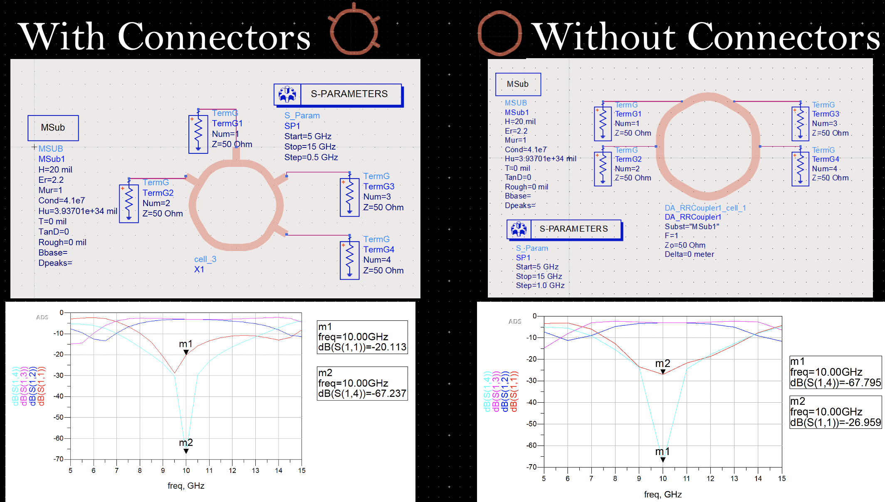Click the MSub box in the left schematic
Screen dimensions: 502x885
53,128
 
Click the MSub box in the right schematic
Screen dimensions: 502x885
518,84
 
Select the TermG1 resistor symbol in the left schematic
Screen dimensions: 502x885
198,134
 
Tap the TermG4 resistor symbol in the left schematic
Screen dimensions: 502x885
349,260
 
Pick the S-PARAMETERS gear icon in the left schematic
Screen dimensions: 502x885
287,94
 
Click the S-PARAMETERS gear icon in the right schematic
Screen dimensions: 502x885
519,229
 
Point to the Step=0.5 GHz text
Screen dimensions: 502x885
311,157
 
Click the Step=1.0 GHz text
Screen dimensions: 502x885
540,285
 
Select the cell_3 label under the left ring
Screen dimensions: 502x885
205,259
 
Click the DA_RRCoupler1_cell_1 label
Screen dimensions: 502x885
705,208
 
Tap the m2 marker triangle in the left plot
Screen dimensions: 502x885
186,451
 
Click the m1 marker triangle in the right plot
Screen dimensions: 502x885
663,460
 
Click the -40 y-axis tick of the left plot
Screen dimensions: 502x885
58,396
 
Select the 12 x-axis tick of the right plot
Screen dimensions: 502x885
710,479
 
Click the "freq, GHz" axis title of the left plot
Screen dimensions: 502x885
186,486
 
